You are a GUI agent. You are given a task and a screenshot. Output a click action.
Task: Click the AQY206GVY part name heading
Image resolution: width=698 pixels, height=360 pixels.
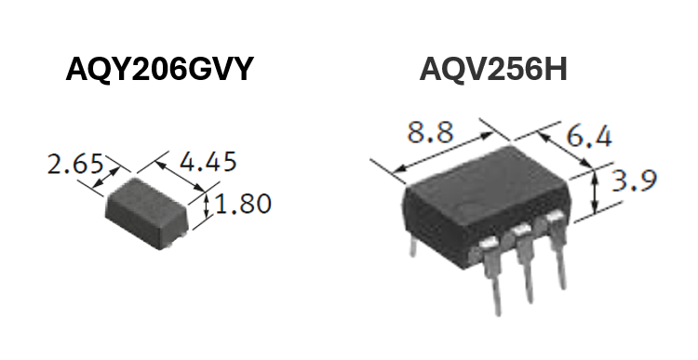pos(159,69)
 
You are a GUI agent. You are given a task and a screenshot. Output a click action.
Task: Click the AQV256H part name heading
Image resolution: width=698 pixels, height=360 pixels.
pos(493,69)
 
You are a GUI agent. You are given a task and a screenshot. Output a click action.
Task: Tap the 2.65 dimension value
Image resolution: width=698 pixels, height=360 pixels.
pos(75,164)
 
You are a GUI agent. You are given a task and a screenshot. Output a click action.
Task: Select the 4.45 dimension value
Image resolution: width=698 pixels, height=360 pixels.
pos(208,162)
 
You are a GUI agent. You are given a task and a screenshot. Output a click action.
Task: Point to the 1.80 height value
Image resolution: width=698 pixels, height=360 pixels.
pos(243,204)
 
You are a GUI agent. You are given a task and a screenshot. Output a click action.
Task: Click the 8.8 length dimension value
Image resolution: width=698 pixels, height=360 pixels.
pos(431,132)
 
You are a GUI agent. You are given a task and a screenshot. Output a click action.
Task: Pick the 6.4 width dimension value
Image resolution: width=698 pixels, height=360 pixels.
pos(589,136)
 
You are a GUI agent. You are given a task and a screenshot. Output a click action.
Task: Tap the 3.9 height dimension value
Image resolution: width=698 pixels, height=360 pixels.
pos(634,180)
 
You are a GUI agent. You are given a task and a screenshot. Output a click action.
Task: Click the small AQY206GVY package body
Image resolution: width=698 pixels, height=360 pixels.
pos(147,213)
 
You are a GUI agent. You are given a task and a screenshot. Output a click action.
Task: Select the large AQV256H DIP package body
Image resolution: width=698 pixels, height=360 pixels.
pos(485,205)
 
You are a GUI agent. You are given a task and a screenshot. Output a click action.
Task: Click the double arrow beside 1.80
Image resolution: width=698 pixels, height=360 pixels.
pos(206,207)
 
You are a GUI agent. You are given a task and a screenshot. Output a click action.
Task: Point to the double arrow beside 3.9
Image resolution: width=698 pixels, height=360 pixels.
pos(595,192)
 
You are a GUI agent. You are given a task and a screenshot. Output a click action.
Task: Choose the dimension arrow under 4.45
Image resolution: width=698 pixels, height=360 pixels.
pos(181,177)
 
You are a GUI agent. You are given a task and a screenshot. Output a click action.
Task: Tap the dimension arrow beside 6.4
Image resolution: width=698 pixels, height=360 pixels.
pos(565,150)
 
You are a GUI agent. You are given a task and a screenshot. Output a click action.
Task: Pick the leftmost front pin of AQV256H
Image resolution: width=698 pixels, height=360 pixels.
pos(492,276)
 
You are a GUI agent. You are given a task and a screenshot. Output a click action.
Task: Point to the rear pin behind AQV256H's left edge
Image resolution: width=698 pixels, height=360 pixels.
pos(413,247)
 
